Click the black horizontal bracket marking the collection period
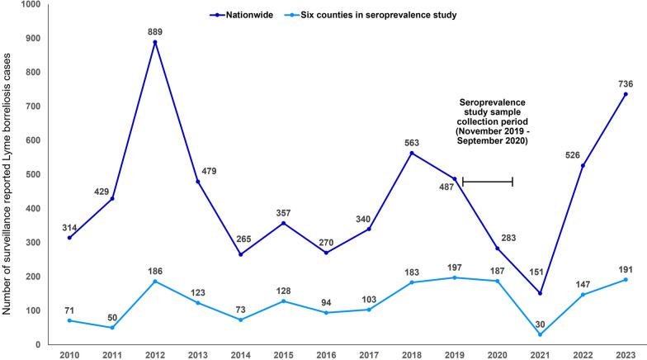488,181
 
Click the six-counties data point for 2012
153,282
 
